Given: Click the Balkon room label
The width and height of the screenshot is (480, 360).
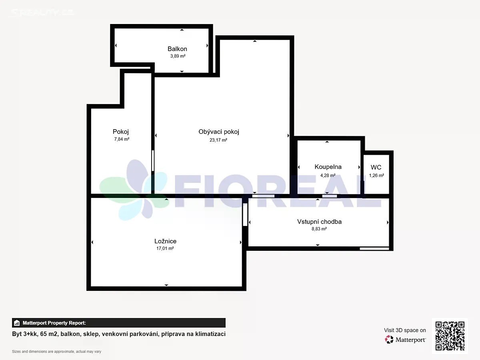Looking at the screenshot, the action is pyautogui.click(x=177, y=49).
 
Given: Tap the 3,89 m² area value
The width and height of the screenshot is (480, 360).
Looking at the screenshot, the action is pyautogui.click(x=178, y=56).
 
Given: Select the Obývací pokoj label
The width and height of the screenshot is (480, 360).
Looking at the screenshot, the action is pyautogui.click(x=219, y=132).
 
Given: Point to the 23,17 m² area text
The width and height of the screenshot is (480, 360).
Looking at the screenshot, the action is pyautogui.click(x=218, y=140).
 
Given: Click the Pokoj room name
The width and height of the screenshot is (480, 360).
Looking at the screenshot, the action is pyautogui.click(x=121, y=132).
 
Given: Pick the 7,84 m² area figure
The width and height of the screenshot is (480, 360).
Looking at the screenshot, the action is pyautogui.click(x=122, y=139).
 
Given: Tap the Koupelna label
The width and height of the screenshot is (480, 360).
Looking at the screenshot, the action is pyautogui.click(x=328, y=167).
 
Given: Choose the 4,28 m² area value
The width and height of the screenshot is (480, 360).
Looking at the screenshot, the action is pyautogui.click(x=328, y=175).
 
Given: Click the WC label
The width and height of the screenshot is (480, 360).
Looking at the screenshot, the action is pyautogui.click(x=376, y=167).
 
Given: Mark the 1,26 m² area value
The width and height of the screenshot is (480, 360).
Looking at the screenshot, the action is pyautogui.click(x=376, y=175).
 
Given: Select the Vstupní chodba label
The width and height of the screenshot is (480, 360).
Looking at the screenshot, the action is pyautogui.click(x=319, y=222).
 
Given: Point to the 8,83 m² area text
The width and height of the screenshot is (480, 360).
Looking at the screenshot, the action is pyautogui.click(x=319, y=229).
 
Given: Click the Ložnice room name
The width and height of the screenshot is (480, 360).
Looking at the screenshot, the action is pyautogui.click(x=165, y=241).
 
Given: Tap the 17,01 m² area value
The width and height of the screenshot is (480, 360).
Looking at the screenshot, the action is pyautogui.click(x=165, y=248).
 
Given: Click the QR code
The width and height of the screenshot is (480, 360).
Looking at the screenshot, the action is pyautogui.click(x=450, y=336).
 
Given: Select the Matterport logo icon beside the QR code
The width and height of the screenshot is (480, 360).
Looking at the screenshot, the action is pyautogui.click(x=389, y=340).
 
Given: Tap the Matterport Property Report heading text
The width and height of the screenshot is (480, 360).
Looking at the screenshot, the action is pyautogui.click(x=54, y=323).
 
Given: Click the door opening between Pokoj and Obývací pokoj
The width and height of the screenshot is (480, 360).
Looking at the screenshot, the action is pyautogui.click(x=153, y=161).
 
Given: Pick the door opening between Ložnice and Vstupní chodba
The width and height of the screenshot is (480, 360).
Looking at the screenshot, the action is pyautogui.click(x=245, y=214).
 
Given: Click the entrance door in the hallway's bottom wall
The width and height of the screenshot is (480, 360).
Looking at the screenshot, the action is pyautogui.click(x=374, y=248).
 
